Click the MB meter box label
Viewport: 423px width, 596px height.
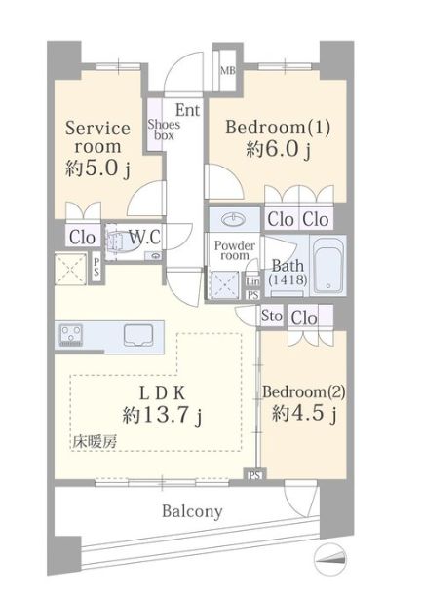pos(228,71)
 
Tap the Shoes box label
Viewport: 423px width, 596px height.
pos(164,130)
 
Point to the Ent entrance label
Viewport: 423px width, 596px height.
pos(187,110)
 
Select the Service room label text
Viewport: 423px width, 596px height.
pos(97,137)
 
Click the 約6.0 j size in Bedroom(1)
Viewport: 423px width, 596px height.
pos(279,149)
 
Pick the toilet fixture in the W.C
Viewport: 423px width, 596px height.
pos(118,242)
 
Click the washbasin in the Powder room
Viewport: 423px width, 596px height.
pos(234,219)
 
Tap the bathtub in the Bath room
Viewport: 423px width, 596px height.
pos(327,265)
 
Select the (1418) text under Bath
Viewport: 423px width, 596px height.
pos(288,280)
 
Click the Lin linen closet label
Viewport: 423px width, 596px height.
pos(253,281)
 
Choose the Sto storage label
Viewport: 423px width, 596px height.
pos(272,316)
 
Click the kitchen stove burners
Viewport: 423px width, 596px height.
pos(71,335)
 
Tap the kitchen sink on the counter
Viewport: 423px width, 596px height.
pos(137,335)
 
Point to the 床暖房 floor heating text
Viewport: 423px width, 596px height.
pos(95,442)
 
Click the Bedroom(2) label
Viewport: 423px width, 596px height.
pos(304,391)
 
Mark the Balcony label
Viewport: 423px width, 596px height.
pos(192,511)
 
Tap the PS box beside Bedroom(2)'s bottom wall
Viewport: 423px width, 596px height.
pos(254,474)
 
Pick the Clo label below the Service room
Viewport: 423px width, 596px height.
pos(82,238)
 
